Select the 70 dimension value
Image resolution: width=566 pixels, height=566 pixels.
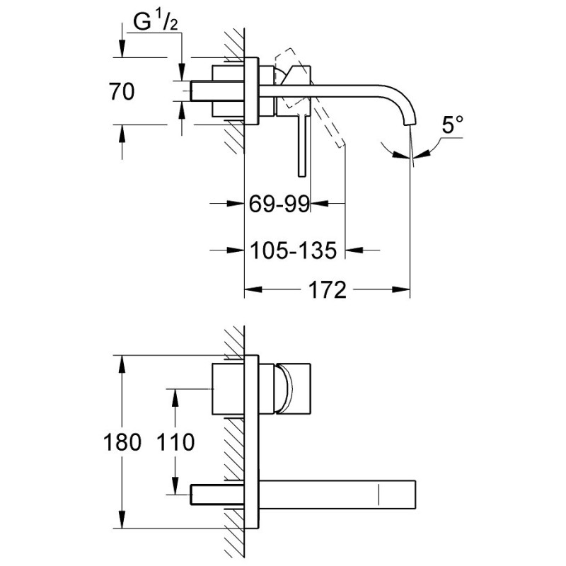point(122,91)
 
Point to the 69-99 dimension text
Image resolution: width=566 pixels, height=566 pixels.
point(279,205)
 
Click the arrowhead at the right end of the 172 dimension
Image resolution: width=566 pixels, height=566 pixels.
point(403,289)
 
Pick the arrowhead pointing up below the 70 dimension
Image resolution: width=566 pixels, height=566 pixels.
point(122,132)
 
